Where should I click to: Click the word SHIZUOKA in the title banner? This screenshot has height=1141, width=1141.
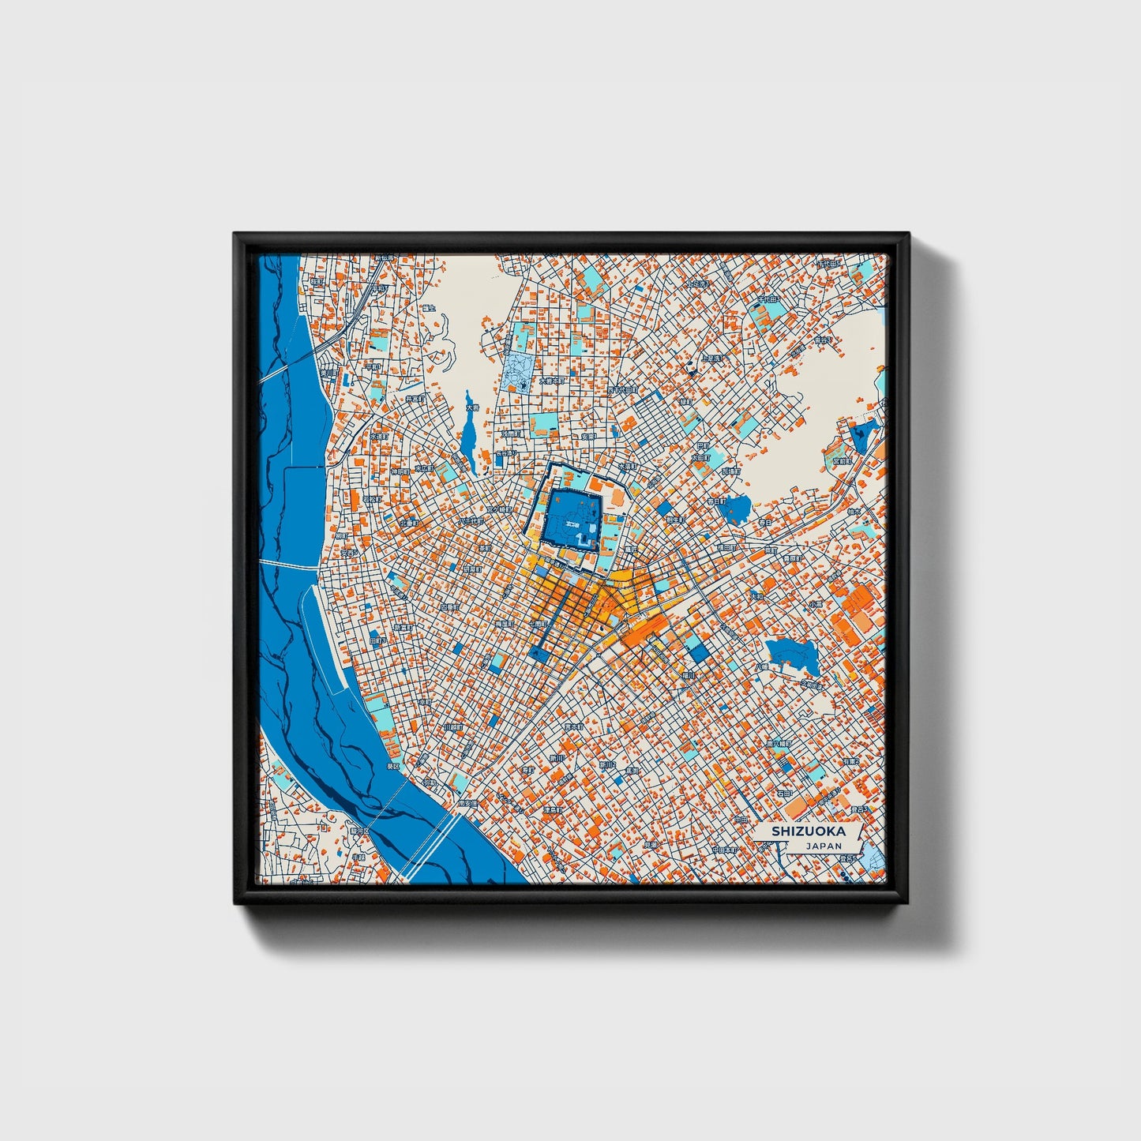[x=808, y=831]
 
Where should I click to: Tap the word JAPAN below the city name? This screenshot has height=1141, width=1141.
[x=824, y=846]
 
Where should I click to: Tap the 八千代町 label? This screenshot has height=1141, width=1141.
[x=471, y=521]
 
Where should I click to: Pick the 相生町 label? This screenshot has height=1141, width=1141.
[x=674, y=520]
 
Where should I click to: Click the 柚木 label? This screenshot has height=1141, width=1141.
[x=875, y=512]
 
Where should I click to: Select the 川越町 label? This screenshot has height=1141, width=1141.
[x=452, y=726]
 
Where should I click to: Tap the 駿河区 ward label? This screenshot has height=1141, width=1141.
[x=360, y=831]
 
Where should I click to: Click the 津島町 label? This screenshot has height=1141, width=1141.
[x=552, y=809]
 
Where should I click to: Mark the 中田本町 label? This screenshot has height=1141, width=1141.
[x=724, y=850]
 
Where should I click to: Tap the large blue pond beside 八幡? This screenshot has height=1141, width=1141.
[x=791, y=655]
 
